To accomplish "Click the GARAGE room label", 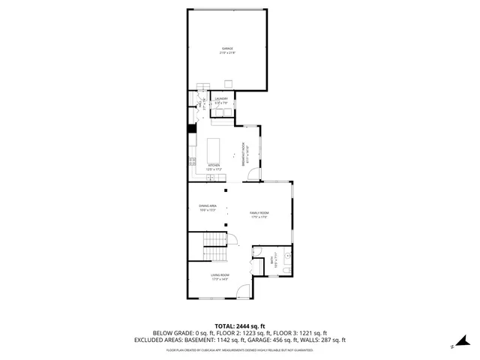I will [x=227, y=49].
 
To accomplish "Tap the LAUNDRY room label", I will [x=221, y=98].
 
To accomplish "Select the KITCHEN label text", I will [x=214, y=166].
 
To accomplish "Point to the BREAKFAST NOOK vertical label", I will [x=242, y=152].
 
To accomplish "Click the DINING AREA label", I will [x=208, y=205].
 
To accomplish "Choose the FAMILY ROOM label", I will [x=259, y=214].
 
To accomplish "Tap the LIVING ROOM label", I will [x=220, y=275].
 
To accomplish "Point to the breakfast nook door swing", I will [x=253, y=175].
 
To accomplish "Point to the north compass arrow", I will [x=454, y=346].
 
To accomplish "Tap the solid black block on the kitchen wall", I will [x=191, y=127].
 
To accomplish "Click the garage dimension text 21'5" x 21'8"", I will [x=227, y=53].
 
